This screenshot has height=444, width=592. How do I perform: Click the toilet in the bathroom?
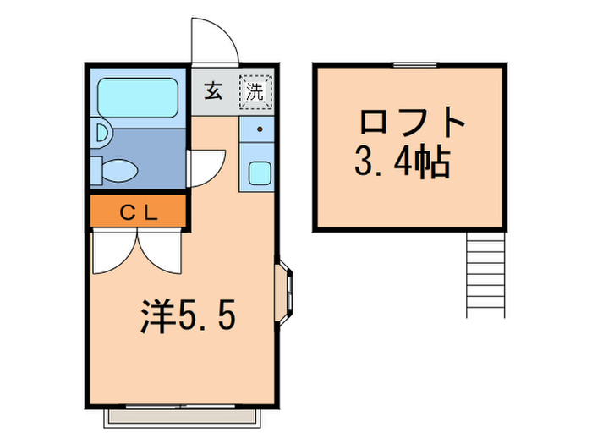point(114,169)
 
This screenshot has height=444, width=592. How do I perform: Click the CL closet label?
point(137,213)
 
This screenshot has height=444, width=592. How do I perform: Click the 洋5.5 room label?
point(186,316)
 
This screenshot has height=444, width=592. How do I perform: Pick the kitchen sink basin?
point(259,173)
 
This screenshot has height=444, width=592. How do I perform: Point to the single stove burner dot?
point(259,130)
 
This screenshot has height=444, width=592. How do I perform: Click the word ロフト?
point(412,124)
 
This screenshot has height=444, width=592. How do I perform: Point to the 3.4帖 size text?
point(401,162)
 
